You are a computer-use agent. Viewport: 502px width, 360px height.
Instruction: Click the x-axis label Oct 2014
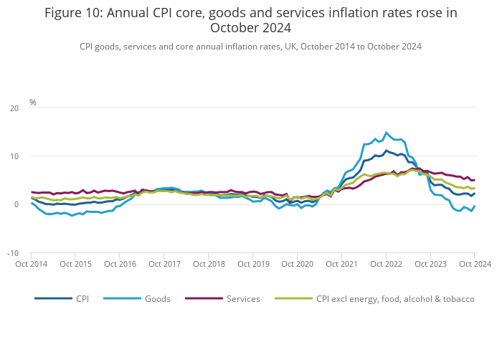32,264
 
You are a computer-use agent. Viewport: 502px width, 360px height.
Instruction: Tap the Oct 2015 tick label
76,264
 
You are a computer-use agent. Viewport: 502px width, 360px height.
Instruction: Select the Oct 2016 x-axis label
120,264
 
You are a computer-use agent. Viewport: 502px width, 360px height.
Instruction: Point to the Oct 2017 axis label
165,264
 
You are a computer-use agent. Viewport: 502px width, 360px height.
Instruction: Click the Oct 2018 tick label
209,264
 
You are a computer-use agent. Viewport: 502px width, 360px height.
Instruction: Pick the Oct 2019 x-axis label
253,264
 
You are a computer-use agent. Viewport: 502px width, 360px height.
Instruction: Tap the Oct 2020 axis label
298,264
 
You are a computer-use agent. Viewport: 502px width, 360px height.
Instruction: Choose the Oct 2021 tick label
342,264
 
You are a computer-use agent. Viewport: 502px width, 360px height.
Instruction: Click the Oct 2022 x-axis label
387,264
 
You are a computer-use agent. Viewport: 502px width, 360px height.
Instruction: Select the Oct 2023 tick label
430,264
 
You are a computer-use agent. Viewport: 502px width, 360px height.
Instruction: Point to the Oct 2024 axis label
475,264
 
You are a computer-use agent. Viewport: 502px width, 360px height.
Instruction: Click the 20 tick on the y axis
14,108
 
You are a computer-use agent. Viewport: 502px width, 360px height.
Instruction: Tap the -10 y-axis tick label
13,253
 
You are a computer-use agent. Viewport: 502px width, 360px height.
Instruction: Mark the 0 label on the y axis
17,205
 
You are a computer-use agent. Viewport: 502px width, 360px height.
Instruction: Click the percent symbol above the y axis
33,103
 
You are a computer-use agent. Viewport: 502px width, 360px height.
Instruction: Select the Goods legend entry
157,299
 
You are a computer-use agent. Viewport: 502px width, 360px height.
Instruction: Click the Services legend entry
243,299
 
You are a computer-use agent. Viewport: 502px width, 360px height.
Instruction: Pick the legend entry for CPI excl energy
395,299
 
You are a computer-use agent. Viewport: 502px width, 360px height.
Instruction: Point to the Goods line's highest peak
387,132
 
